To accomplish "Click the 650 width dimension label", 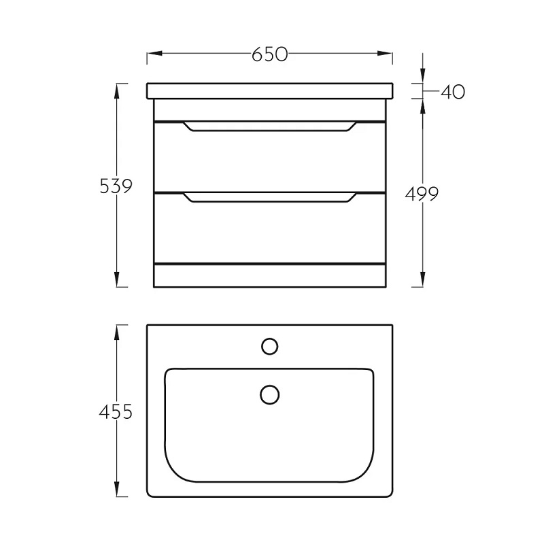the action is click(x=269, y=54).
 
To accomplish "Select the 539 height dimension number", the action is click(x=116, y=186).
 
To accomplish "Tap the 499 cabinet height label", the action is click(x=422, y=194).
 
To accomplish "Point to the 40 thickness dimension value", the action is click(x=453, y=92).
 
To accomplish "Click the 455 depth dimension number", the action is click(x=116, y=412).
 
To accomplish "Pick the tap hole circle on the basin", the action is click(x=269, y=347).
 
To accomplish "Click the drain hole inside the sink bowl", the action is click(x=269, y=395).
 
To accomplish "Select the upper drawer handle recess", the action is click(x=269, y=126).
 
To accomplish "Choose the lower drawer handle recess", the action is click(x=269, y=197).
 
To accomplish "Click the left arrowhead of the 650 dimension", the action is click(x=155, y=54).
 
